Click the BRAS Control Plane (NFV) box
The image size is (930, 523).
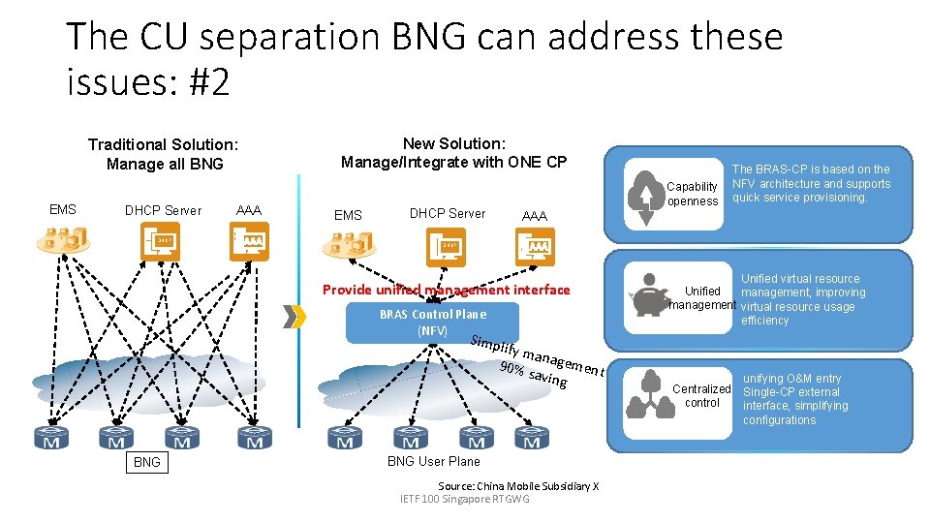click(432, 323)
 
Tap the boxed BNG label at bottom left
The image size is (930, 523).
click(147, 462)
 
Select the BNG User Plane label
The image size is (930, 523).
click(433, 461)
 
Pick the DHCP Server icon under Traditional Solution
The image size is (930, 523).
click(160, 242)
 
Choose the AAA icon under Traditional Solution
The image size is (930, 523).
click(250, 242)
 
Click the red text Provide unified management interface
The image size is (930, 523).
click(446, 290)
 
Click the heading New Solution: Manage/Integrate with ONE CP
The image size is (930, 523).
click(453, 152)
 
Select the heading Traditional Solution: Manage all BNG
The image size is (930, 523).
click(163, 154)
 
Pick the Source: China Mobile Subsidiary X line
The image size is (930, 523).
click(518, 485)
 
